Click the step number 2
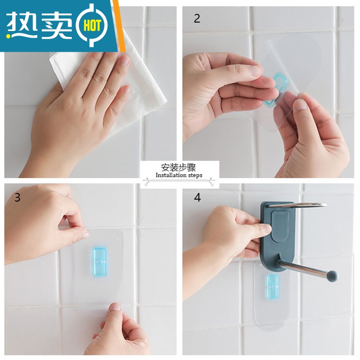coord(197,18)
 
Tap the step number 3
coord(18,198)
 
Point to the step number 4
coord(198,198)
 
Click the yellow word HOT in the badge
coord(92,26)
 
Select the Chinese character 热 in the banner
coord(20,25)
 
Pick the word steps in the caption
coord(195,175)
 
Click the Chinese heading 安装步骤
coord(178,167)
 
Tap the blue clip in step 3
coord(99,262)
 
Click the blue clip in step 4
coord(273,287)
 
